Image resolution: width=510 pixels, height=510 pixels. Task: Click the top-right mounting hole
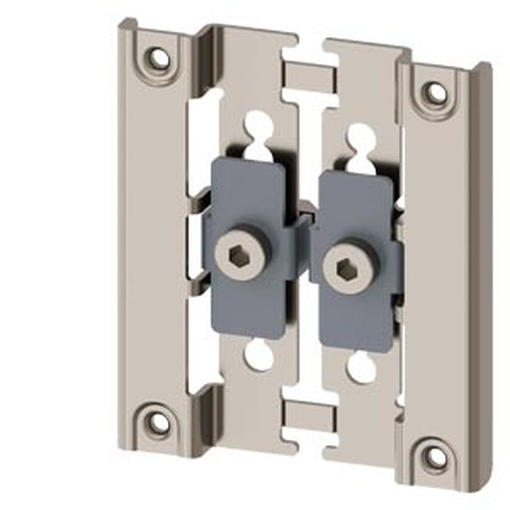point(436,93)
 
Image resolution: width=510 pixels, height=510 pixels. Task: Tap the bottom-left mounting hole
point(160,422)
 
